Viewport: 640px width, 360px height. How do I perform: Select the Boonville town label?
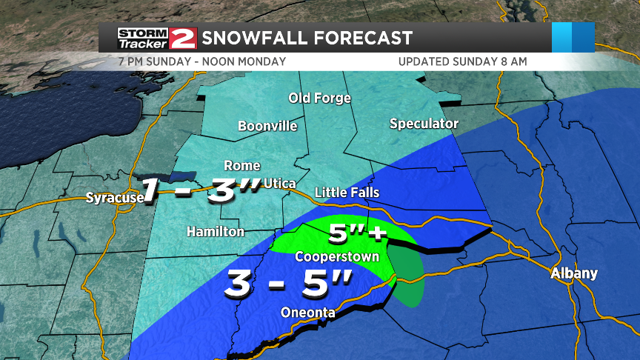tap(267, 126)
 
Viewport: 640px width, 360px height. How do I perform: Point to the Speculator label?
tap(424, 124)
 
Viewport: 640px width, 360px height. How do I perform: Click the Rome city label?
tap(242, 166)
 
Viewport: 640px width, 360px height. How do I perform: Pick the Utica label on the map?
tap(283, 183)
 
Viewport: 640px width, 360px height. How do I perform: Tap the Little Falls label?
tap(347, 193)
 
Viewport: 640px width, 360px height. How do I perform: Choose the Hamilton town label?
tap(216, 232)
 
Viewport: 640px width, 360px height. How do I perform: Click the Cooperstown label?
tap(337, 257)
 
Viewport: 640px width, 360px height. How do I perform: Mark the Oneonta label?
tap(308, 313)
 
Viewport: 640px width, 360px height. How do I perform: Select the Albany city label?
tap(574, 273)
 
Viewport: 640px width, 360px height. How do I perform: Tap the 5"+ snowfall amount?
tap(358, 235)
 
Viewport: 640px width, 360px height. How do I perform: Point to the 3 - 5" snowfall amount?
tap(290, 282)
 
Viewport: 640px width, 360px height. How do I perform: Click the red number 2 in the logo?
tap(182, 39)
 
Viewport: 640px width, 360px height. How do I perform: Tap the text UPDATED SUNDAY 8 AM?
tap(463, 61)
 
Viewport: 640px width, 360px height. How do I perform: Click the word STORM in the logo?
tap(144, 33)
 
